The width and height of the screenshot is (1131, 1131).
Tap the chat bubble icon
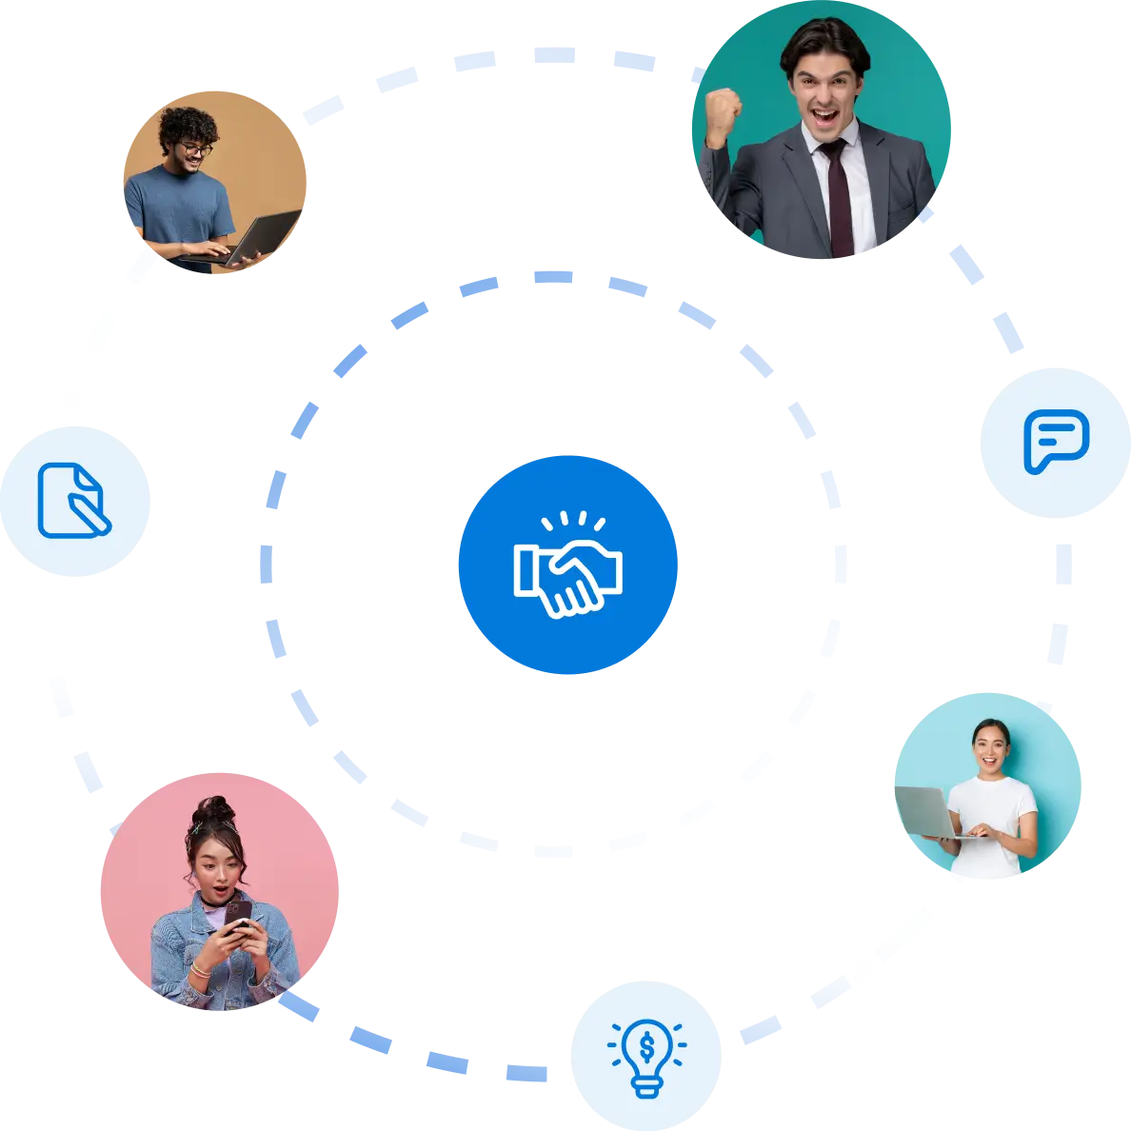coord(1055,441)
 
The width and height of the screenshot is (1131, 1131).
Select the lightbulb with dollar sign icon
coord(647,1051)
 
